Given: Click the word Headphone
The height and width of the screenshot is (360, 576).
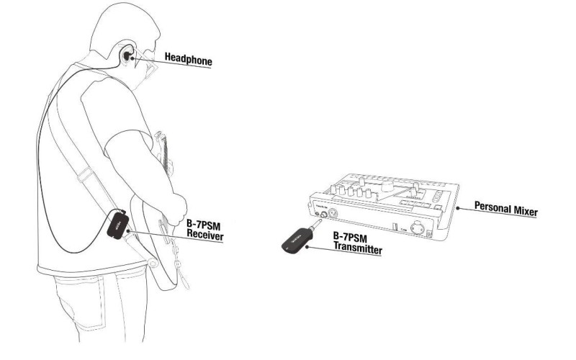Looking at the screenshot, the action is (189, 60).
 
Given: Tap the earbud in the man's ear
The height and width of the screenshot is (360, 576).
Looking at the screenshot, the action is (127, 56).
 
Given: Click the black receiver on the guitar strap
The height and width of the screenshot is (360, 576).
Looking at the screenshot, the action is (117, 225).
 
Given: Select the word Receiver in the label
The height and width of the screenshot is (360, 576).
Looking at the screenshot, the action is (205, 235).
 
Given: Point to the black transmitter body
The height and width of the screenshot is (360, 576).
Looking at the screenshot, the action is (296, 240).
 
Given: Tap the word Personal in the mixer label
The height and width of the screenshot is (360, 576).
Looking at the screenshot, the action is (491, 207).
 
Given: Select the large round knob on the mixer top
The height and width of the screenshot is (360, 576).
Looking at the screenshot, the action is (387, 186).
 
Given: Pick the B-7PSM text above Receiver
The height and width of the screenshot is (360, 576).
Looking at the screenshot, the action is (203, 224).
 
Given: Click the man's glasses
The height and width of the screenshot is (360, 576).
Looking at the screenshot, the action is (145, 63).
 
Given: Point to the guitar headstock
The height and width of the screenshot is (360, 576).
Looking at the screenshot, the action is (161, 143).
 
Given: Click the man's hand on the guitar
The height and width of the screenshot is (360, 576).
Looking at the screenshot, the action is (175, 206).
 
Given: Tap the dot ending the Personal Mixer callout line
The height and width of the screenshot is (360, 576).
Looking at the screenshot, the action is (458, 208).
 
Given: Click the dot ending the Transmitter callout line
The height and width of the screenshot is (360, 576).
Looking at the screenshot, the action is (307, 247).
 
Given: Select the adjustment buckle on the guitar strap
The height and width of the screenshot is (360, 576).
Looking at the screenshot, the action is (85, 175).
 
